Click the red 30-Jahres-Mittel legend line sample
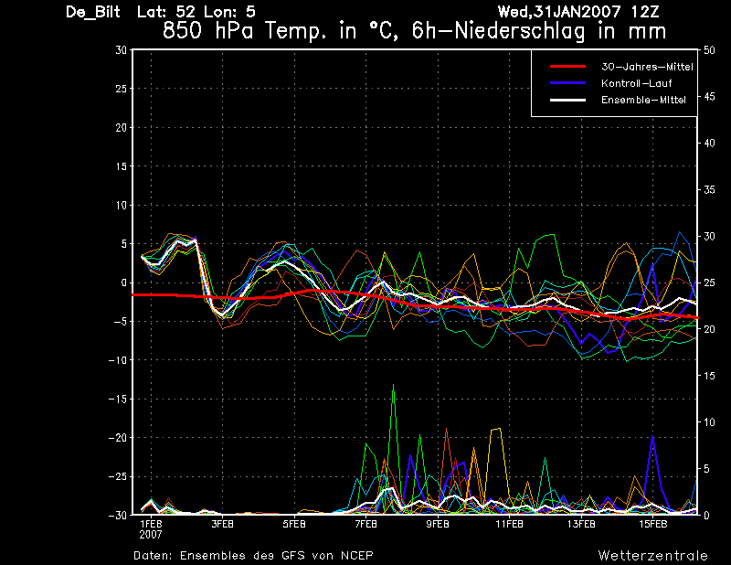tap(567, 67)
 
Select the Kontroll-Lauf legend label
tap(636, 83)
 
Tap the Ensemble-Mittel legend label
tap(643, 100)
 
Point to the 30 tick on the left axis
tap(122, 50)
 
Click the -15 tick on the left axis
tap(118, 399)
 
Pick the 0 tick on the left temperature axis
tap(124, 282)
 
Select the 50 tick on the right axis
tap(709, 50)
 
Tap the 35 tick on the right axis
tap(709, 190)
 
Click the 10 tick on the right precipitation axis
tap(709, 422)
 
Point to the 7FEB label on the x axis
tap(366, 525)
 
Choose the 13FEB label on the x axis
tap(581, 525)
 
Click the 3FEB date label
tap(222, 525)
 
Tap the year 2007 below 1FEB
tap(151, 535)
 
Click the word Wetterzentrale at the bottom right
tap(653, 556)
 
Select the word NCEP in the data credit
tap(356, 556)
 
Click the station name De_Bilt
tap(93, 12)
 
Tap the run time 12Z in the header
tap(645, 12)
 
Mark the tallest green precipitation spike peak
tap(394, 385)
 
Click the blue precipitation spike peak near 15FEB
tap(652, 436)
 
